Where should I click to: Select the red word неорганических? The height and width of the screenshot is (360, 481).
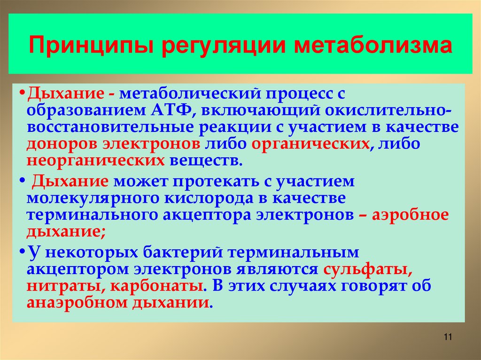tap(96, 161)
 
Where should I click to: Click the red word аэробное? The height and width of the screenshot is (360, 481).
tap(410, 214)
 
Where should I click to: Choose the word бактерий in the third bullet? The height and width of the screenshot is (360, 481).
tap(180, 252)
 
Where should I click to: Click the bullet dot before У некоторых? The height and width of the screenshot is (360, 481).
tap(23, 252)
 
